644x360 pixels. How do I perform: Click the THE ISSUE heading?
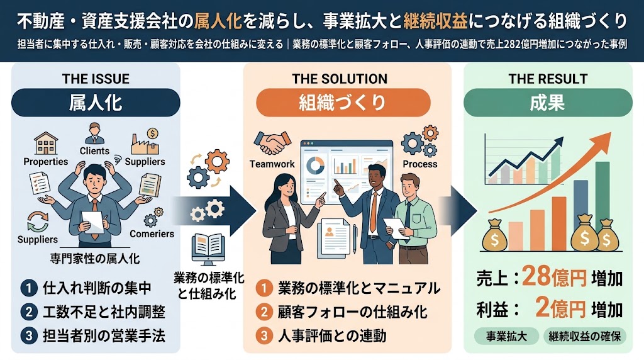click(x=96, y=79)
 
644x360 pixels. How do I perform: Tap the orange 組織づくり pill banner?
click(x=343, y=103)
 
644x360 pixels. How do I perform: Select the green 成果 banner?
click(x=548, y=103)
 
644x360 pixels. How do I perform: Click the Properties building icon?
click(x=45, y=143)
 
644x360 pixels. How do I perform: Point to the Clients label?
click(x=94, y=151)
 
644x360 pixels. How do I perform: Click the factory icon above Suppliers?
click(x=145, y=141)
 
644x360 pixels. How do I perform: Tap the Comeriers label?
click(x=152, y=234)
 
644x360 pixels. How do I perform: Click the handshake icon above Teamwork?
click(x=272, y=142)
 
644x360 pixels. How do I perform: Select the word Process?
click(x=419, y=164)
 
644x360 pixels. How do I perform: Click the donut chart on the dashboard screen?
click(x=316, y=165)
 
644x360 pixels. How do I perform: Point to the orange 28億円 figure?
click(x=554, y=277)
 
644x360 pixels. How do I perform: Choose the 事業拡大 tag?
click(x=506, y=336)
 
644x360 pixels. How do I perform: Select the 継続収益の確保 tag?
click(x=584, y=336)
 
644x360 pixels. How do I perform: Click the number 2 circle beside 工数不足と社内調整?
click(x=29, y=312)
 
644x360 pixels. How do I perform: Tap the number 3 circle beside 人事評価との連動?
click(x=264, y=335)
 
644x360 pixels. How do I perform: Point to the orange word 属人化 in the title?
click(x=217, y=21)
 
